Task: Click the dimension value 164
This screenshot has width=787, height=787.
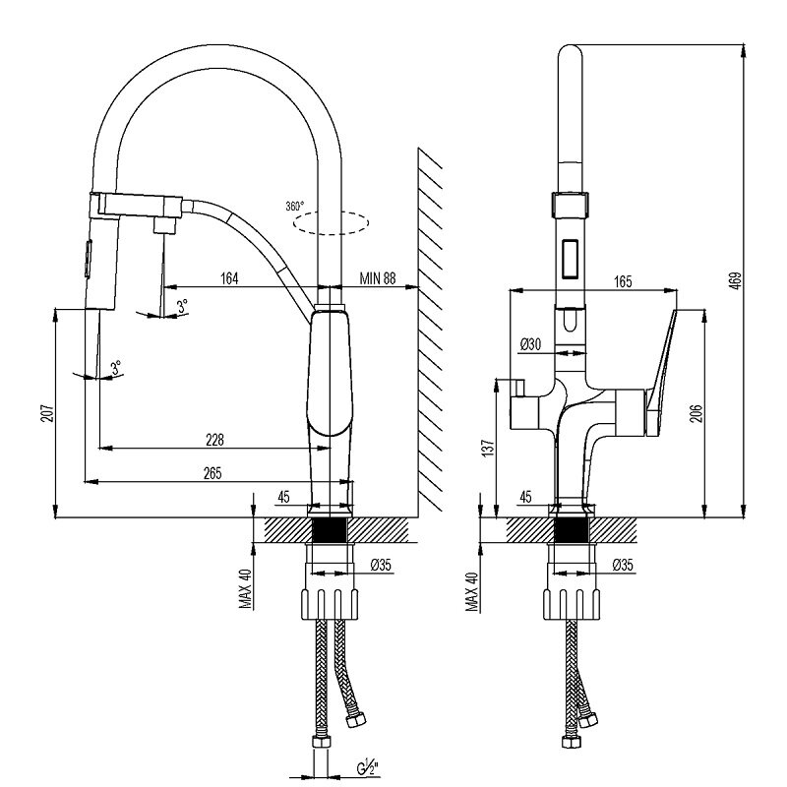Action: [228, 279]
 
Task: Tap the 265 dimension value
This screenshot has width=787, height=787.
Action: [212, 472]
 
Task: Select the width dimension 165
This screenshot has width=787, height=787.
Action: [622, 281]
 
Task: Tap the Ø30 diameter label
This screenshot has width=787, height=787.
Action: [531, 343]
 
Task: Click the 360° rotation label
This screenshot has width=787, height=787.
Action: [294, 206]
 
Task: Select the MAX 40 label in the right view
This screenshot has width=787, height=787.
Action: [473, 592]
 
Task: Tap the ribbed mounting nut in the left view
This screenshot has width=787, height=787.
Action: [331, 601]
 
